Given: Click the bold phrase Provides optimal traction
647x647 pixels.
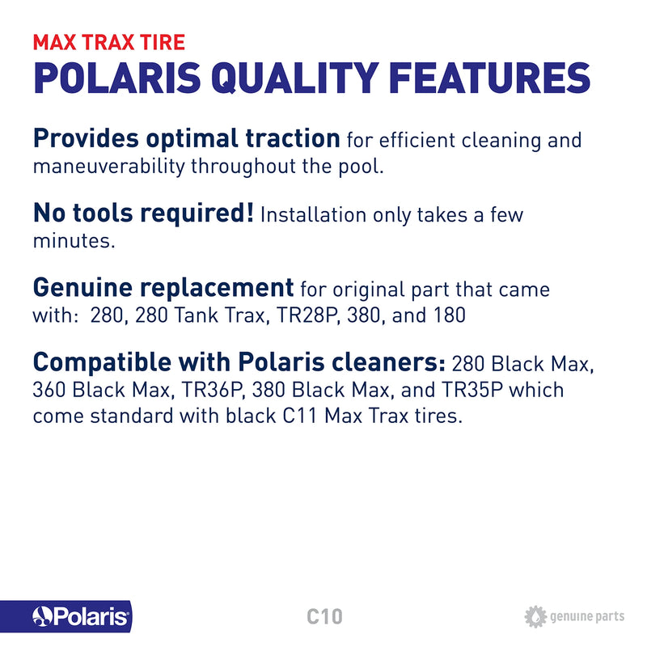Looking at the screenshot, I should [186, 138].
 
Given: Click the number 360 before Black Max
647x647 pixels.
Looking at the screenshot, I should [50, 390].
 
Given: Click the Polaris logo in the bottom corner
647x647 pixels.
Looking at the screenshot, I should [80, 618].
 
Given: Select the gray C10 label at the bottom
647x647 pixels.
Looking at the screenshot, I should [324, 617].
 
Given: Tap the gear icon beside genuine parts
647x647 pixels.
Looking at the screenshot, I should [535, 617].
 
